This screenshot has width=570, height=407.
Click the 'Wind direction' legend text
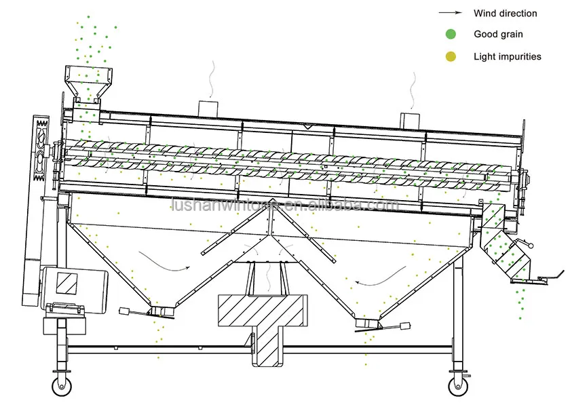tap(505, 14)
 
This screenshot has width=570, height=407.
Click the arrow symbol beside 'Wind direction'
tap(450, 13)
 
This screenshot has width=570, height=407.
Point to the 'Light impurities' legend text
tap(508, 57)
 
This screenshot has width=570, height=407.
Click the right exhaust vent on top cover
tap(409, 118)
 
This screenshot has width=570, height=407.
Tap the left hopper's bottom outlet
tap(161, 311)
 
